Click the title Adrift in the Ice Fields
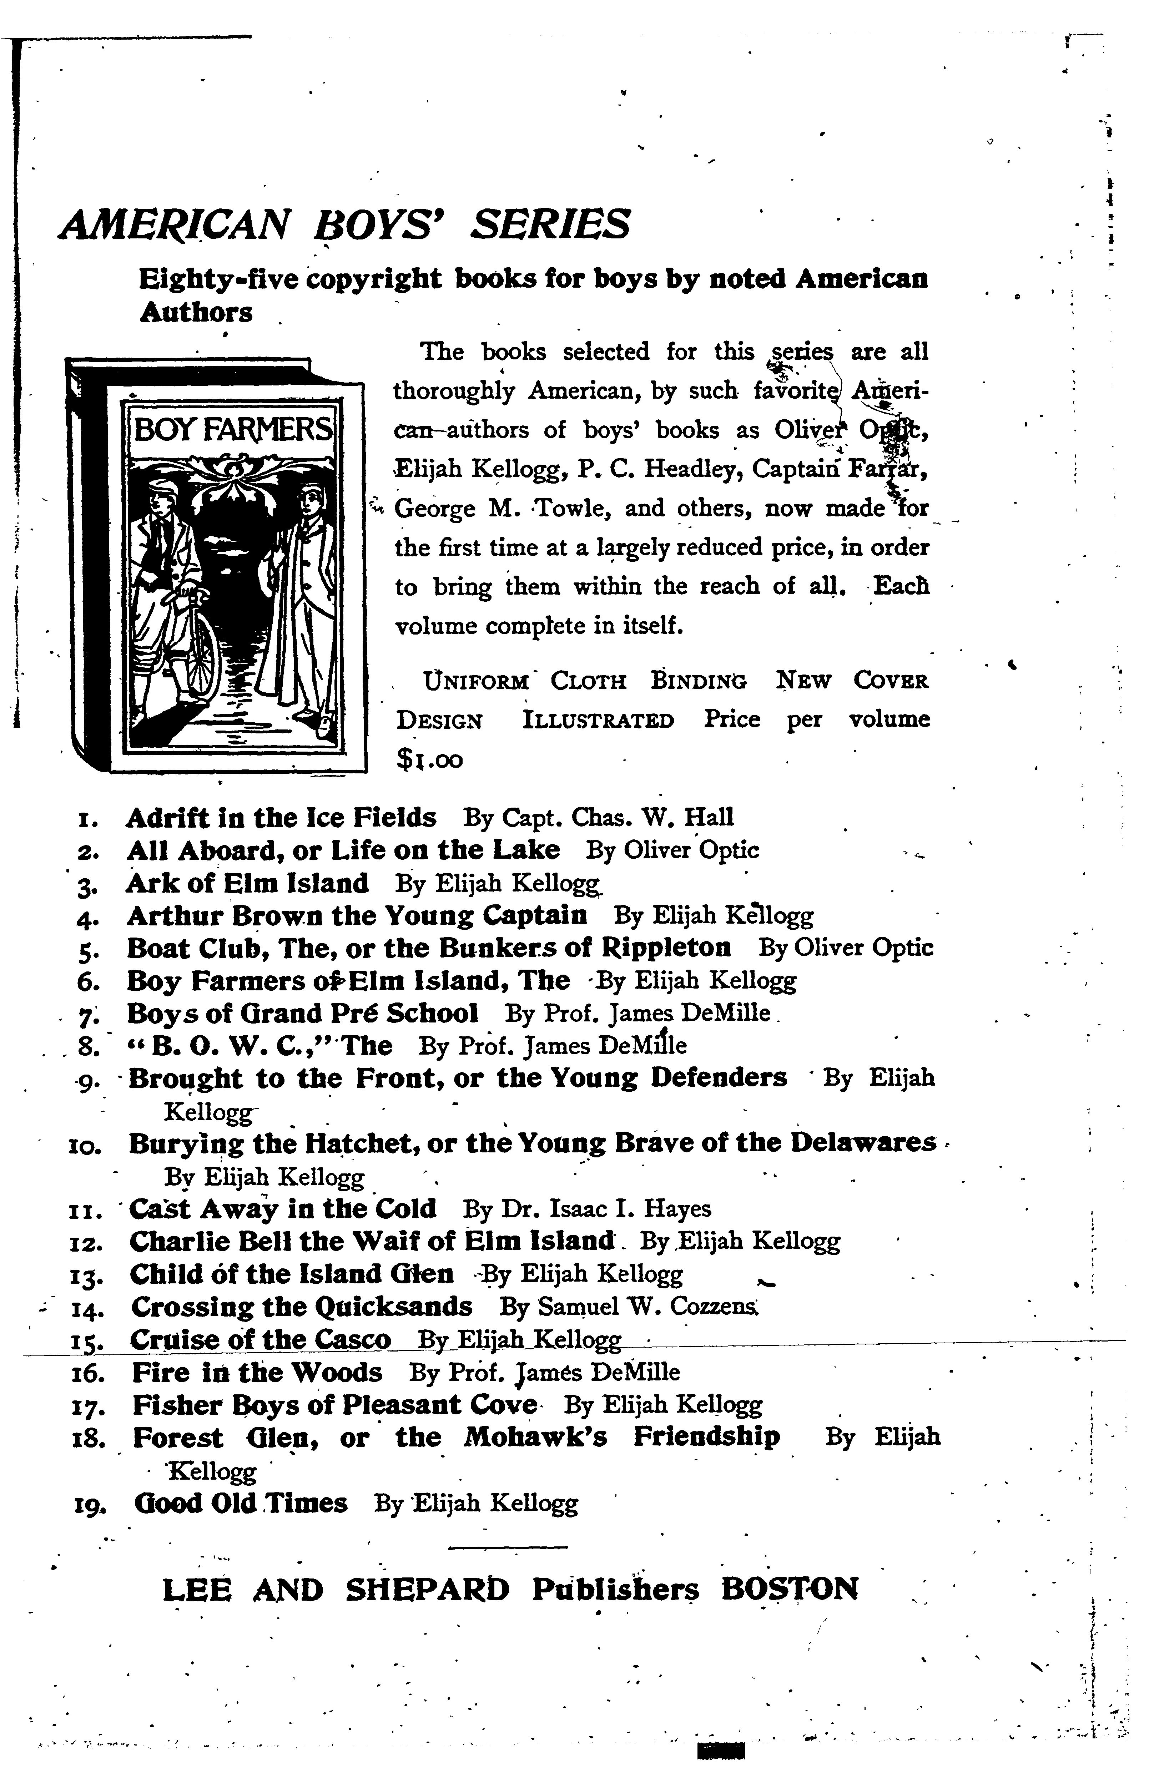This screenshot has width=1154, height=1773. pos(281,818)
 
